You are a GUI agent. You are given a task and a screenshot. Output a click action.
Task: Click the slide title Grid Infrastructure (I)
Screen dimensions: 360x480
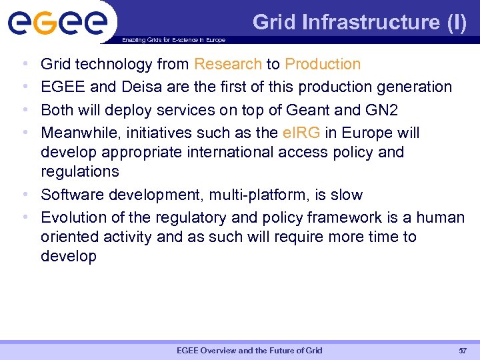point(360,22)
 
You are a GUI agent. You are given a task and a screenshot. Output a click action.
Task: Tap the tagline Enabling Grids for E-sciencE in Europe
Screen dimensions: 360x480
point(173,40)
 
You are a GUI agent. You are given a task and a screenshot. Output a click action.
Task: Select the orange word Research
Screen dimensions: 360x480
point(227,64)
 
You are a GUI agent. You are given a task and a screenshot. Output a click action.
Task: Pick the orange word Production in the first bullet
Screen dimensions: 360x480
point(323,64)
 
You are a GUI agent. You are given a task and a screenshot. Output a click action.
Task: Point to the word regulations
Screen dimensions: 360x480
point(79,171)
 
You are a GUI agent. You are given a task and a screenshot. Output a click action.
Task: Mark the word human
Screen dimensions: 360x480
point(441,217)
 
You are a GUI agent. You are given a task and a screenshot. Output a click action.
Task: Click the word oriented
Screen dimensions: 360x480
point(69,237)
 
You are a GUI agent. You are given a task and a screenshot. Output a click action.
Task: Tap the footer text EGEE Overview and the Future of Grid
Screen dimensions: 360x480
point(249,350)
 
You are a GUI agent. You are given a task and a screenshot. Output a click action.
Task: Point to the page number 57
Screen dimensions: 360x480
point(463,350)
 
